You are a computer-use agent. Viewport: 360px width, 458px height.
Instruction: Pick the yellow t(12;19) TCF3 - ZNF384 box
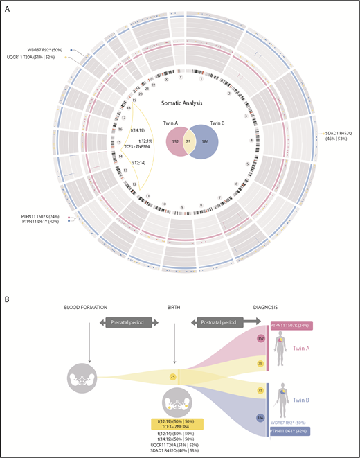pyautogui.click(x=174, y=425)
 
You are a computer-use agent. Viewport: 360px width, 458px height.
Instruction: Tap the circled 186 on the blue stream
pyautogui.click(x=262, y=419)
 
